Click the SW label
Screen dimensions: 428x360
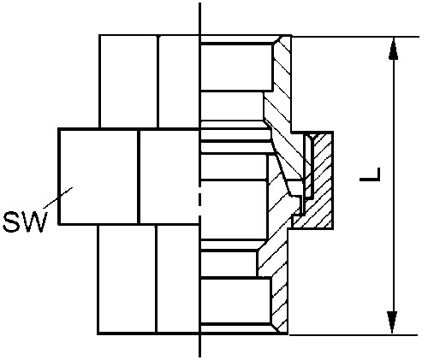point(25,221)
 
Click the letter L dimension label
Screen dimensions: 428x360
point(370,174)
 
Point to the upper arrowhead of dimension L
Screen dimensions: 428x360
point(394,49)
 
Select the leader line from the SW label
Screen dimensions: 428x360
point(58,198)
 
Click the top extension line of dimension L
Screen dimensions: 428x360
point(355,37)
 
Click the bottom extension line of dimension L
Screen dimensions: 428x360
point(354,335)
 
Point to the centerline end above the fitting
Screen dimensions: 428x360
point(199,3)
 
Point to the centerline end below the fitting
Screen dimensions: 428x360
point(199,357)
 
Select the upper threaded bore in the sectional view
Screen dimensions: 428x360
point(236,67)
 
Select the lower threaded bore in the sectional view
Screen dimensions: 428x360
point(235,301)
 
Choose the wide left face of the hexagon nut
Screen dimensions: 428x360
point(98,177)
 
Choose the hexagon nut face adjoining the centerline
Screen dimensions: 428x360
point(169,177)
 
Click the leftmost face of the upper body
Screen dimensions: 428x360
point(128,81)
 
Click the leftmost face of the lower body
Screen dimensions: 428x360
point(128,279)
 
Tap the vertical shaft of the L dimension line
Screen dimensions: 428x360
point(393,186)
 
